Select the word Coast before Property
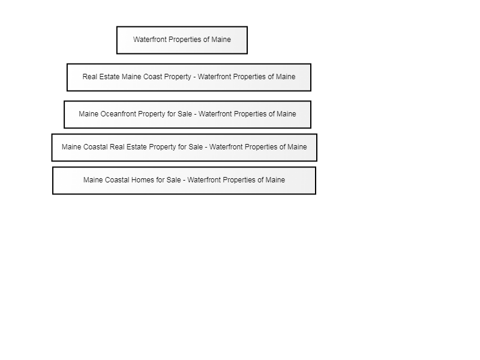coord(152,77)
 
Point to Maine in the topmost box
coord(221,40)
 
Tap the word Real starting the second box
coord(89,77)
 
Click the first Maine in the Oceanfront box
coord(88,114)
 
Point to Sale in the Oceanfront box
coord(185,114)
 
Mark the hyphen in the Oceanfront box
coord(196,114)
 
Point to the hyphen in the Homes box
coord(184,181)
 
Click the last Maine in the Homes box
coord(275,180)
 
